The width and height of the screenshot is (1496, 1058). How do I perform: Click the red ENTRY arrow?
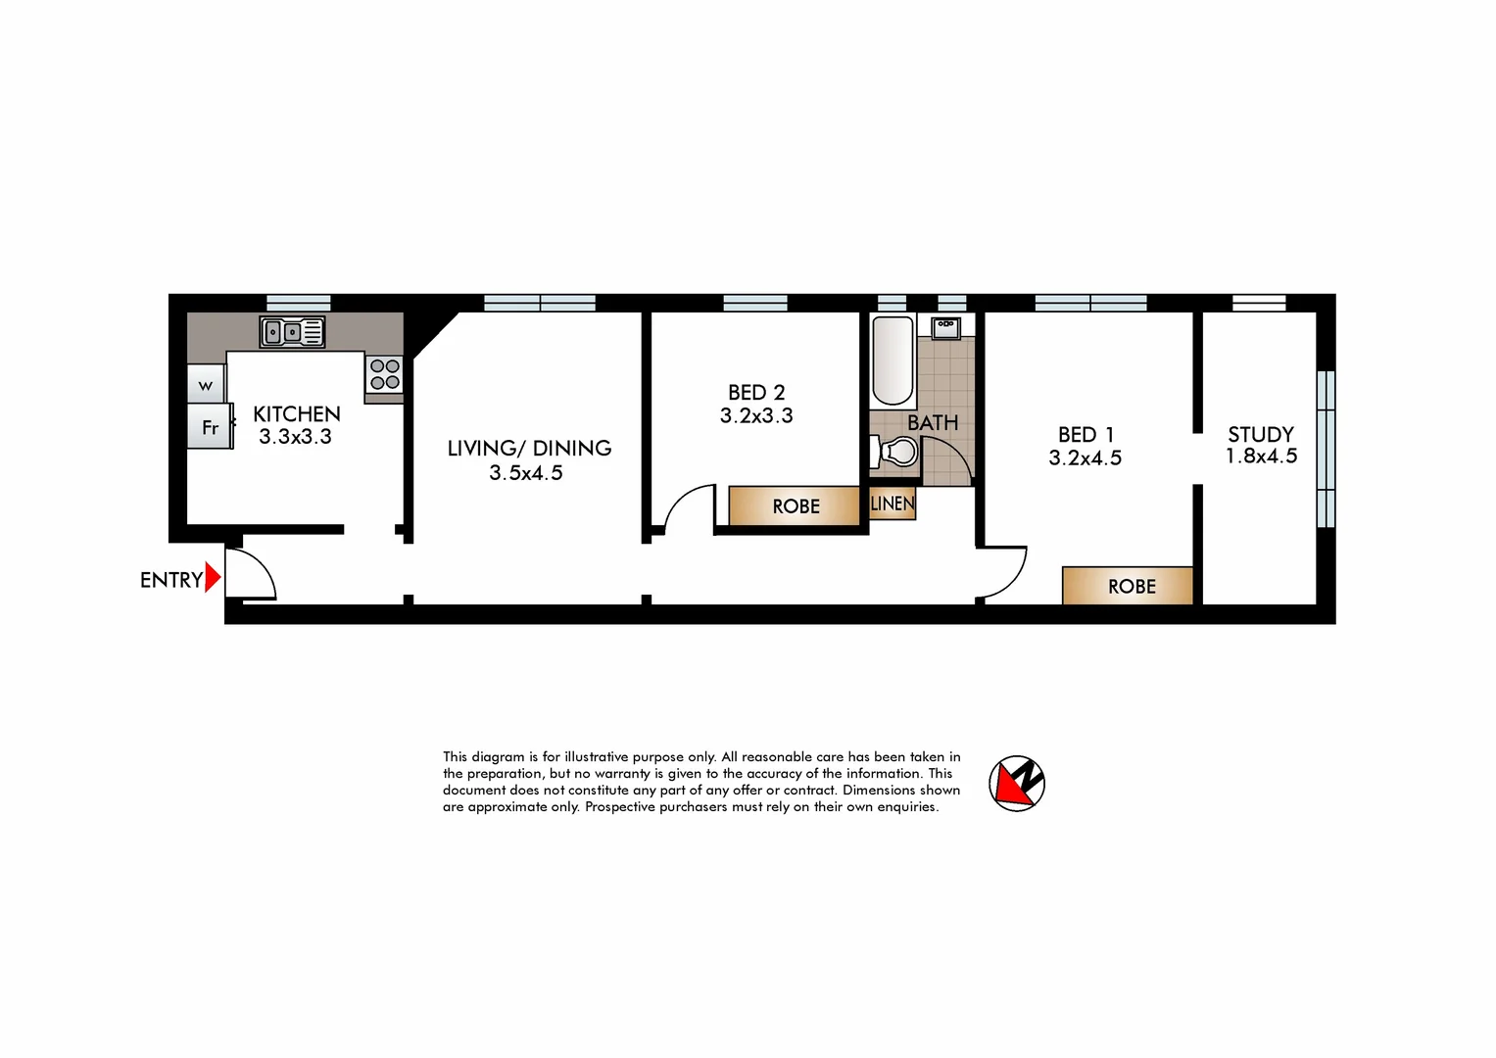point(213,579)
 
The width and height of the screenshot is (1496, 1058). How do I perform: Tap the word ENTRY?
point(170,580)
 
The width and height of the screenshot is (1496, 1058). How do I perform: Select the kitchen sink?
point(292,332)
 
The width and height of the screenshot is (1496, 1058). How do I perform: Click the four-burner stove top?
point(385,374)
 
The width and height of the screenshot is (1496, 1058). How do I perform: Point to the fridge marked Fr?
point(210,427)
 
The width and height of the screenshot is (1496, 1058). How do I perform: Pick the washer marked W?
point(206,385)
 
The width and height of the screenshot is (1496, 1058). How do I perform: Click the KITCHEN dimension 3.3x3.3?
point(295,437)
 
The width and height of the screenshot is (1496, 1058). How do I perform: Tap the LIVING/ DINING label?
point(529,449)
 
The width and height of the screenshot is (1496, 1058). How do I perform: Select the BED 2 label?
point(756,393)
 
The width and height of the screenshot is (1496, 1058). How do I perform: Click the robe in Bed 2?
point(795,505)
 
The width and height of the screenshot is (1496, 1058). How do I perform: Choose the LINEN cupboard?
point(893,504)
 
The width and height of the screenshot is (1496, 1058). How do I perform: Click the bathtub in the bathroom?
point(893,361)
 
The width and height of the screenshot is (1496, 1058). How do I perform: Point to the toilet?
point(894,452)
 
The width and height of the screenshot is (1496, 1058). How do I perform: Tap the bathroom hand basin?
point(945,327)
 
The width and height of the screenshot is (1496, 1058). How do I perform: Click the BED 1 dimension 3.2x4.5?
point(1085,458)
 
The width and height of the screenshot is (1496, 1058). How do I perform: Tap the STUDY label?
point(1261,434)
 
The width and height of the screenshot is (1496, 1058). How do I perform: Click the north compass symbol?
point(1017,784)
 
